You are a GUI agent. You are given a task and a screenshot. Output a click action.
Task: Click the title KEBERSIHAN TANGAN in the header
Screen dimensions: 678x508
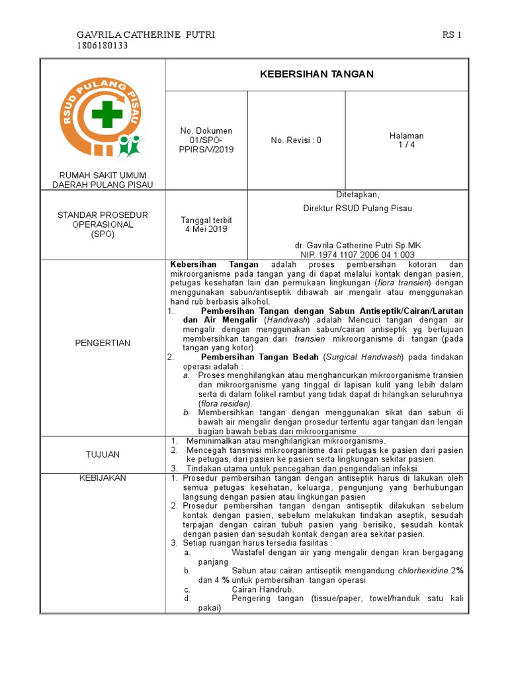[x=317, y=74]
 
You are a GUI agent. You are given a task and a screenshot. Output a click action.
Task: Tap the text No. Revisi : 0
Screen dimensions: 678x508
[x=296, y=140]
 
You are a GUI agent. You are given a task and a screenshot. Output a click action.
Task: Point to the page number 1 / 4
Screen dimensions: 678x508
[x=407, y=140]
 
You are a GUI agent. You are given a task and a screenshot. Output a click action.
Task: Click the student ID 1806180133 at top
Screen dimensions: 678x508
[x=103, y=46]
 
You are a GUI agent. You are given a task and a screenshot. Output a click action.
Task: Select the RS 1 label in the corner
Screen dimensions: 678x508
[x=452, y=34]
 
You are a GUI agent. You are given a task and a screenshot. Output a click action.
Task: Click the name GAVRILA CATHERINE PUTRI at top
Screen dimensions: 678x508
[x=146, y=34]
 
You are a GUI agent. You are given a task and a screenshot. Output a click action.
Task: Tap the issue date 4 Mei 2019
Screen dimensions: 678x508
[x=206, y=229]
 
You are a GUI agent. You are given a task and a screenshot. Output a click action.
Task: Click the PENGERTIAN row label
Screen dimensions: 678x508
[x=103, y=343]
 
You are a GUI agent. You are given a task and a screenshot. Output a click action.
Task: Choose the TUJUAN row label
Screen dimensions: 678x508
[x=103, y=454]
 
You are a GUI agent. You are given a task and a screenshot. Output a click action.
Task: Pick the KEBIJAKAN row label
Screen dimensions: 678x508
[x=103, y=478]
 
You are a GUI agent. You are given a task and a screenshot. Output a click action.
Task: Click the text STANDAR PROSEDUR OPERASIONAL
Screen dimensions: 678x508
[x=103, y=220]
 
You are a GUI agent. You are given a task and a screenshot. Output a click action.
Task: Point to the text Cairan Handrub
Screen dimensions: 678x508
[x=263, y=589]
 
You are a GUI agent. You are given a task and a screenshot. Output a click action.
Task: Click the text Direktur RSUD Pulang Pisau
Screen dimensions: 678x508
[x=358, y=209]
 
